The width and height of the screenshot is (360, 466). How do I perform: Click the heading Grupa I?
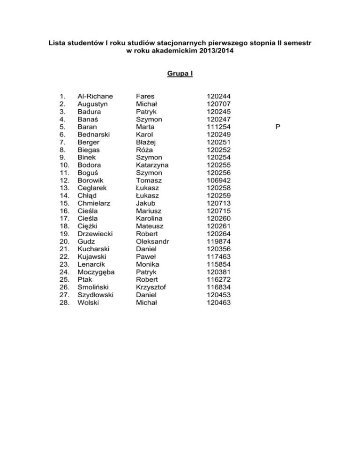pyautogui.click(x=180, y=74)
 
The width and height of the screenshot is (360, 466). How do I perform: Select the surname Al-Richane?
pyautogui.click(x=95, y=97)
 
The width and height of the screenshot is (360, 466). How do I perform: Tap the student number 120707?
pyautogui.click(x=218, y=104)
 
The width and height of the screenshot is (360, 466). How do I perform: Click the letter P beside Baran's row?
pyautogui.click(x=278, y=127)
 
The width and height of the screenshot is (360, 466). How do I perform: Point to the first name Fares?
pyautogui.click(x=145, y=97)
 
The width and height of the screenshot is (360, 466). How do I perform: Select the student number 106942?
pyautogui.click(x=218, y=180)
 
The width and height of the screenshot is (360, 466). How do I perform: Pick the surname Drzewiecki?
pyautogui.click(x=97, y=234)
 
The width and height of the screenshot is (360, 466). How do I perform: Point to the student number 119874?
pyautogui.click(x=218, y=241)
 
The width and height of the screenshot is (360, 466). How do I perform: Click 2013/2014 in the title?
pyautogui.click(x=214, y=51)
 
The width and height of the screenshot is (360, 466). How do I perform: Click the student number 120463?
pyautogui.click(x=218, y=302)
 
